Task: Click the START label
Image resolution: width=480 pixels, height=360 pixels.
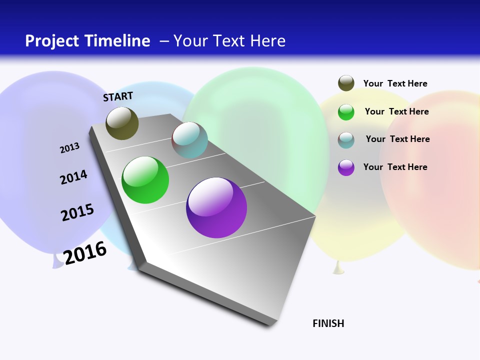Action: click(118, 96)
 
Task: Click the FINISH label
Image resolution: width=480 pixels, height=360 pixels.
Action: click(328, 323)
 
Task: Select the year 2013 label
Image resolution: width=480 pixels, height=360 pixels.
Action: click(69, 148)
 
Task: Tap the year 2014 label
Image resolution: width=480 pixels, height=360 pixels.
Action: click(73, 177)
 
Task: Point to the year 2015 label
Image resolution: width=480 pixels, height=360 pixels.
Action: click(77, 212)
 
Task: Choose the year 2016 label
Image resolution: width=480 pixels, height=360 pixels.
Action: click(85, 253)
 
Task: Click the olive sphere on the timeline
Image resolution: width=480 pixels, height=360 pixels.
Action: click(122, 123)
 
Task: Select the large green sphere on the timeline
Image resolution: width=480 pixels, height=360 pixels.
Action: click(145, 180)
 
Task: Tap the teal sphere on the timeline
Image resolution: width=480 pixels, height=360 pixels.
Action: click(189, 140)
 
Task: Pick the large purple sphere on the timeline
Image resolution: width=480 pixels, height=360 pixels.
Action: click(216, 207)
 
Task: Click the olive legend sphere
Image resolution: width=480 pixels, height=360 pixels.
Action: click(346, 83)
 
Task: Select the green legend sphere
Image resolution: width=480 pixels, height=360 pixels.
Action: click(346, 112)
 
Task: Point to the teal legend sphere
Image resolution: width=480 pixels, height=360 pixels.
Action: click(346, 140)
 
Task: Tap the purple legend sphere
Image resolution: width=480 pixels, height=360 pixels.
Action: click(346, 167)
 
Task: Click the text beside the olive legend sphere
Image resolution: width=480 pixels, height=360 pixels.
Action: click(395, 83)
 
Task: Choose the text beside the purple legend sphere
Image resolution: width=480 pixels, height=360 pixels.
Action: click(395, 167)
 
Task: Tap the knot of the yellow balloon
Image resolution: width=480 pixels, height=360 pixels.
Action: click(338, 268)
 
